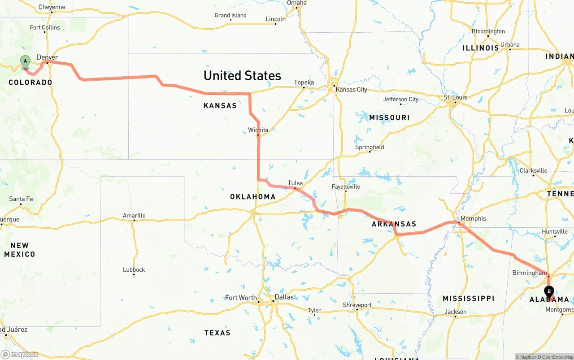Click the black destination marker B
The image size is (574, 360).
tap(549, 292)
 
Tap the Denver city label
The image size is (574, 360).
tap(47, 57)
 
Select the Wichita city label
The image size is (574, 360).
tap(258, 130)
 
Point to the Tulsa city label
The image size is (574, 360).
tap(295, 183)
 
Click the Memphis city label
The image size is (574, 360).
tap(473, 219)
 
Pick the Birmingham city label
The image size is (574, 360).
tap(530, 273)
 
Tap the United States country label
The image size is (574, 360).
tap(242, 75)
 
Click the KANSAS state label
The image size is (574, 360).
tap(220, 106)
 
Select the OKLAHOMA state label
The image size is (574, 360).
tap(252, 197)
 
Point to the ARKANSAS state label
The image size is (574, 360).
tap(394, 224)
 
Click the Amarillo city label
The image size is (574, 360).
tap(134, 216)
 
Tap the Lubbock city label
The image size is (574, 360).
tap(134, 269)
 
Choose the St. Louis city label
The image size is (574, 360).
tap(455, 97)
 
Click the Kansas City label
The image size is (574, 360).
tap(351, 90)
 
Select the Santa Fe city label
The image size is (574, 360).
tap(21, 199)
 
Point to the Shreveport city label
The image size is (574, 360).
tap(357, 305)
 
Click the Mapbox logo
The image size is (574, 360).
tap(20, 355)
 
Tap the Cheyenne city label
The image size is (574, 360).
tap(52, 7)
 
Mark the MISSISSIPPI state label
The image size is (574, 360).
tap(468, 299)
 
